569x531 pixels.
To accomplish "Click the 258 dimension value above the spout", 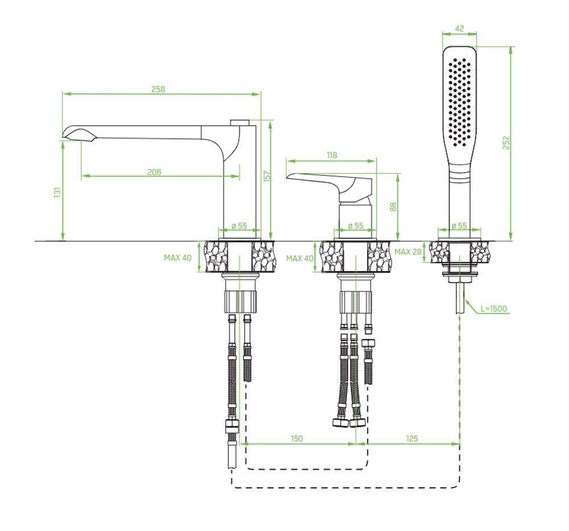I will [158, 89].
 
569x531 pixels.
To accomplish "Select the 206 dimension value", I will [154, 172].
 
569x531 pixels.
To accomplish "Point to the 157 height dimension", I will [266, 176].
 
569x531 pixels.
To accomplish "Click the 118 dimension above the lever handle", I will [332, 155].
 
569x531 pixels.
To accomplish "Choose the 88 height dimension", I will [393, 206].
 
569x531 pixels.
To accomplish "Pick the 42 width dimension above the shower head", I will [460, 27].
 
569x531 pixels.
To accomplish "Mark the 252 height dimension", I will [506, 142].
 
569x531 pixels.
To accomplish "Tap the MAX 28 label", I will [408, 252].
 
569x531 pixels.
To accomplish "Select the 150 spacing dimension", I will [297, 438].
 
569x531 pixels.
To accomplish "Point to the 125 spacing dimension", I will [413, 438].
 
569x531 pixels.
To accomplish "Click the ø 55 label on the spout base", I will [240, 225].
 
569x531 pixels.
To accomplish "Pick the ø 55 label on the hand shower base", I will [459, 225].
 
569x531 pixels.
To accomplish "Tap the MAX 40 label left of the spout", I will [178, 257].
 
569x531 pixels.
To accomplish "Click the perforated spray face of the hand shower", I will [460, 97].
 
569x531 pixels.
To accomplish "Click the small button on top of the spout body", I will [240, 121].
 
